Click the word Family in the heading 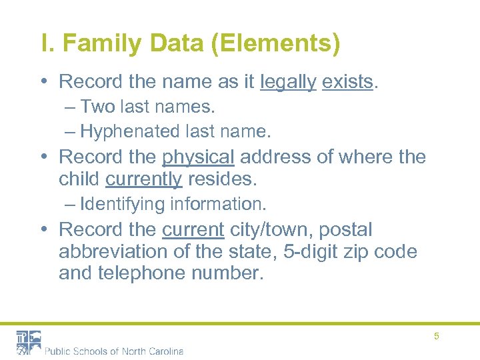pyautogui.click(x=101, y=45)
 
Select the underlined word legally pyautogui.click(x=288, y=83)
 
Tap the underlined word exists pyautogui.click(x=347, y=82)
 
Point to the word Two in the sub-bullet pyautogui.click(x=98, y=107)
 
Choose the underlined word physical pyautogui.click(x=198, y=157)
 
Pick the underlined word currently pyautogui.click(x=143, y=179)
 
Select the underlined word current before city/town pyautogui.click(x=193, y=230)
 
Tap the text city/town pyautogui.click(x=271, y=230)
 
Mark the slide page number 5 pyautogui.click(x=437, y=336)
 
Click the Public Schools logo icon pyautogui.click(x=29, y=342)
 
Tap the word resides pyautogui.click(x=223, y=179)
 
